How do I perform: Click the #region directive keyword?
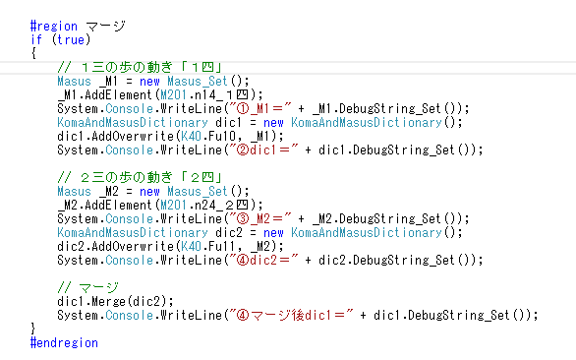[54, 27]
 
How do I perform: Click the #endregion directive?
[64, 342]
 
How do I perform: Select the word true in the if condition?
[71, 39]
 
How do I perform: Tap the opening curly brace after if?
[33, 53]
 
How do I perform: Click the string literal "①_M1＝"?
[260, 109]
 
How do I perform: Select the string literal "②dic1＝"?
[263, 150]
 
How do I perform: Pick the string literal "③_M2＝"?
[260, 219]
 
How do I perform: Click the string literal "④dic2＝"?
[263, 261]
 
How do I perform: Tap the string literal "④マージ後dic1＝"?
[291, 316]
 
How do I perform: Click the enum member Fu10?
[222, 137]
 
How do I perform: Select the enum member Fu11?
[222, 247]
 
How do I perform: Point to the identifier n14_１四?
[221, 95]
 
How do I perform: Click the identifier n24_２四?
[221, 206]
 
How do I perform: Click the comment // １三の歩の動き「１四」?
[140, 67]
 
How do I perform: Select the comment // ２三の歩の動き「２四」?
[140, 178]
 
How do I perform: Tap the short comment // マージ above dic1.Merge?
[88, 288]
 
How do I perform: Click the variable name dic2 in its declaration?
[229, 233]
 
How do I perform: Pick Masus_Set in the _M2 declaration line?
[198, 192]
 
